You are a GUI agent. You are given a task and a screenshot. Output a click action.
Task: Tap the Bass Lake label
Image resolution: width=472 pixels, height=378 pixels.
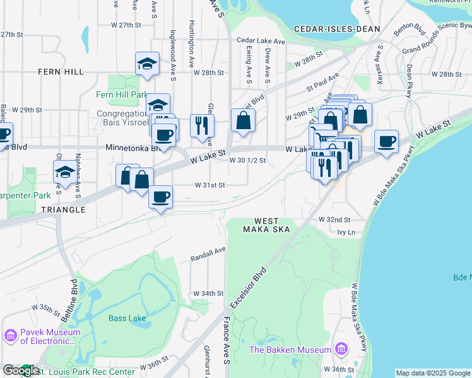click(127, 318)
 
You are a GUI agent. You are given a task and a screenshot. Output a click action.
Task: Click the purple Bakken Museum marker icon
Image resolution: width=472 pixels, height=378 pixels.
click(341, 349)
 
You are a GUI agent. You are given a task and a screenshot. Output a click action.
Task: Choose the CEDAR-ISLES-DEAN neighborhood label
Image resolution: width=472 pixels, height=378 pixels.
click(338, 29)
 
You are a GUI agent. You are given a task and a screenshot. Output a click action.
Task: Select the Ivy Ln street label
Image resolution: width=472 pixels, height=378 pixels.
click(347, 232)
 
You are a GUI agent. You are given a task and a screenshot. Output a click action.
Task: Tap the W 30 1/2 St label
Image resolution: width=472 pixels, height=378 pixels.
click(247, 160)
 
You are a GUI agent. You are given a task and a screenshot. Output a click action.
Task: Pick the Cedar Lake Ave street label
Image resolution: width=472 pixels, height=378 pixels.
click(261, 41)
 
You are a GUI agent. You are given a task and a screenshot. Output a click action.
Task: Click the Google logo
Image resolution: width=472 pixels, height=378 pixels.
click(21, 370)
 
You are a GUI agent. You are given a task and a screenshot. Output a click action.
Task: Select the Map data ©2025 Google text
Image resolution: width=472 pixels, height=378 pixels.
click(433, 373)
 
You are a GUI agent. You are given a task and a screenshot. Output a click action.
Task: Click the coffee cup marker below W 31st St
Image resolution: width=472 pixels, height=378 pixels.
click(160, 197)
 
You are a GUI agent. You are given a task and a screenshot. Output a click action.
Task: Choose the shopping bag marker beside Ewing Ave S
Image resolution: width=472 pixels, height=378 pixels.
click(243, 119)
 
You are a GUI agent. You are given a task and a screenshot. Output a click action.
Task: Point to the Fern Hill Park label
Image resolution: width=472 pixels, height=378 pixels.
click(121, 95)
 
